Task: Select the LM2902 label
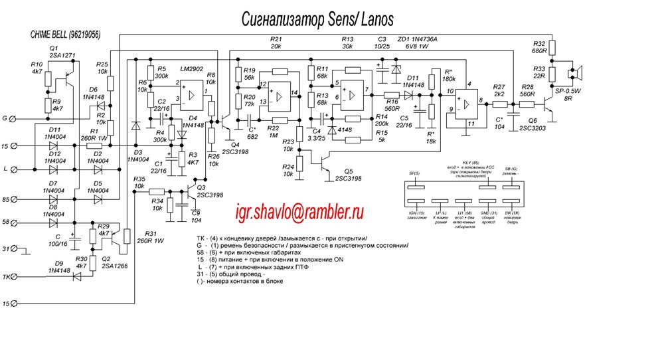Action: pyautogui.click(x=193, y=69)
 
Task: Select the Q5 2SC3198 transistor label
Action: pyautogui.click(x=349, y=175)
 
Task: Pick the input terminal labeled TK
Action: pyautogui.click(x=18, y=276)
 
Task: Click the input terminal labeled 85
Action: pyautogui.click(x=18, y=197)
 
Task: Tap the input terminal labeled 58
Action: pyautogui.click(x=18, y=224)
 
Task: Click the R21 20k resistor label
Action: pyautogui.click(x=276, y=43)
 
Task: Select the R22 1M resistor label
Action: pyautogui.click(x=272, y=131)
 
